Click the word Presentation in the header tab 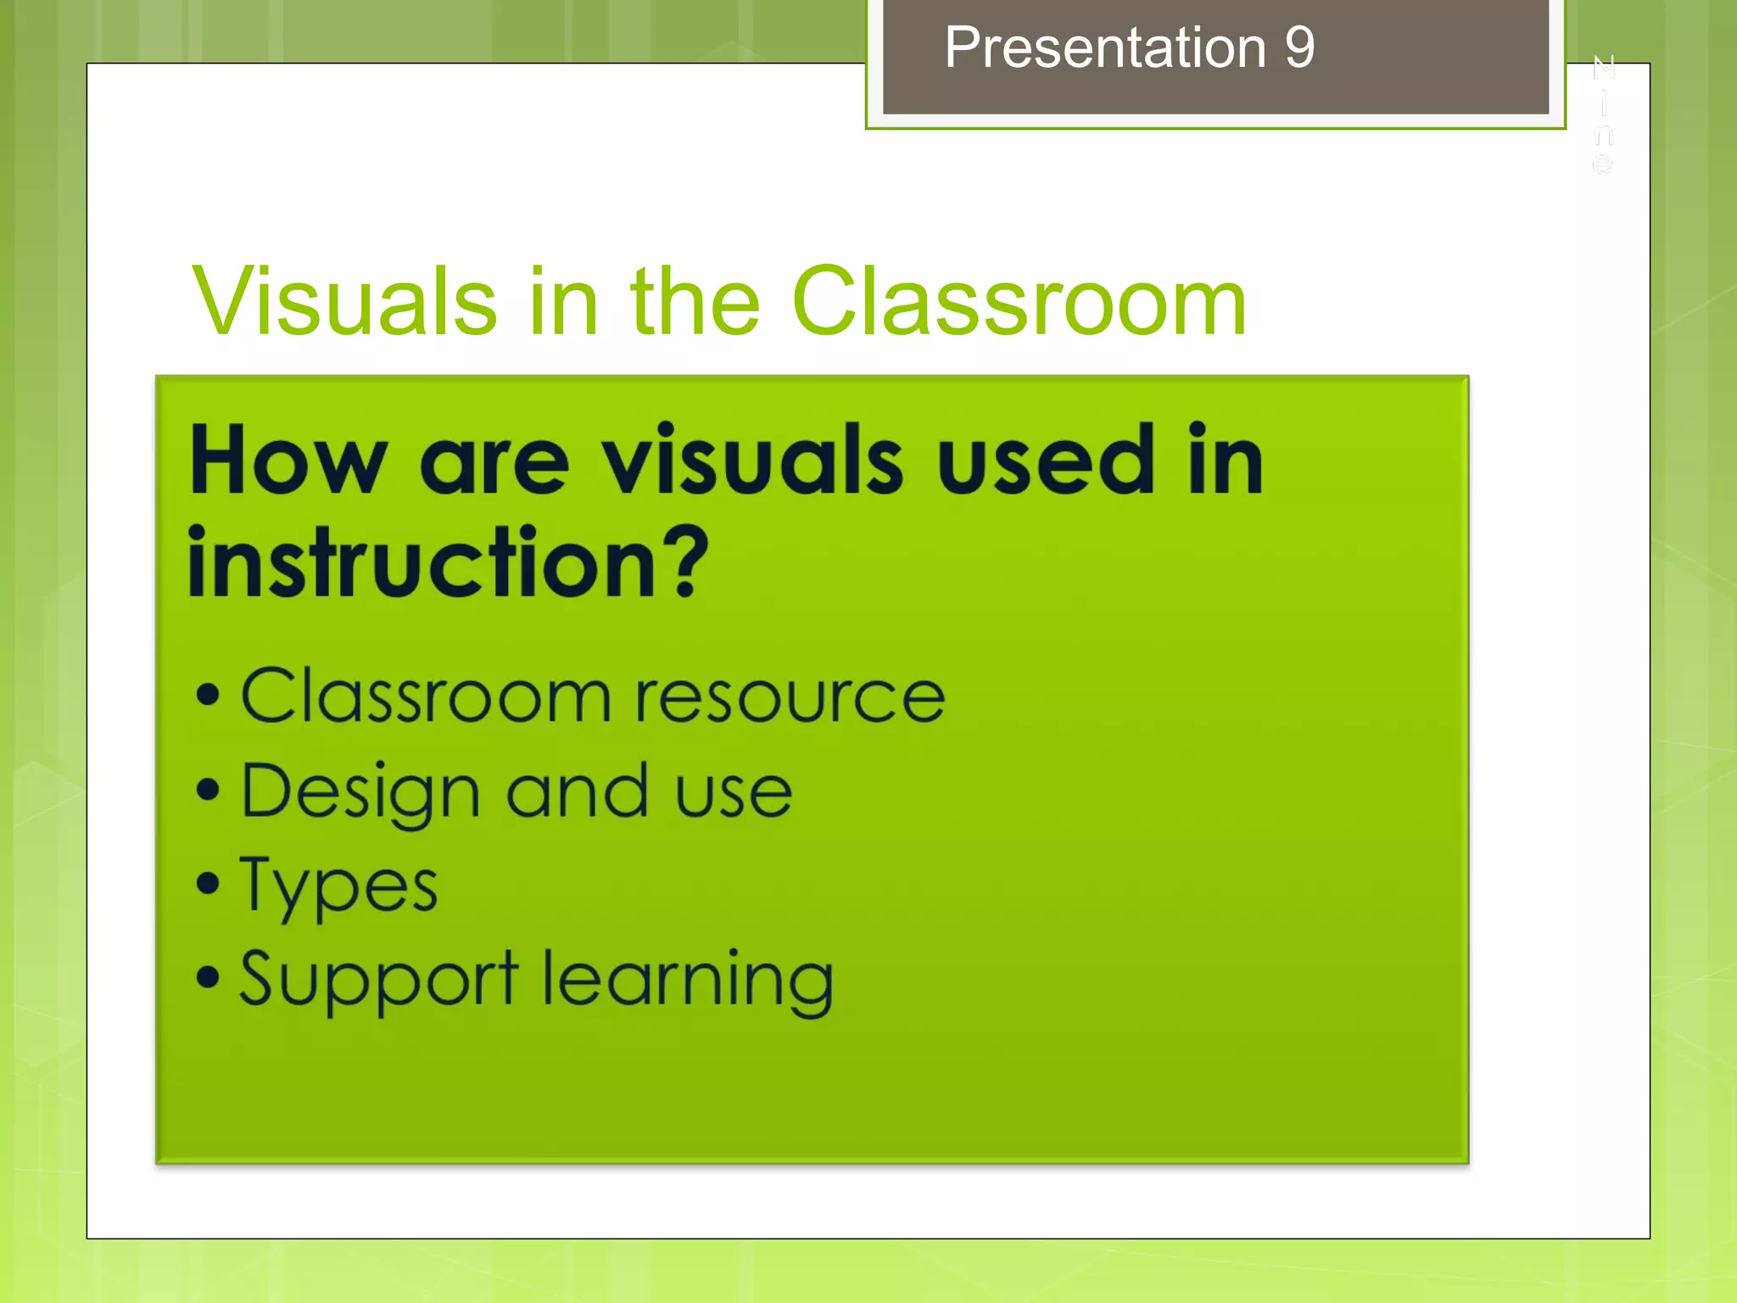tap(1105, 48)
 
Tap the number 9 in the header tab tap(1299, 48)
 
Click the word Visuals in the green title tap(344, 301)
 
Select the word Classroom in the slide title tap(1019, 301)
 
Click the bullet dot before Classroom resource tap(208, 696)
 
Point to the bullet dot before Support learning tap(208, 977)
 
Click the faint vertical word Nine tap(1603, 115)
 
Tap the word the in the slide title tap(695, 301)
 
